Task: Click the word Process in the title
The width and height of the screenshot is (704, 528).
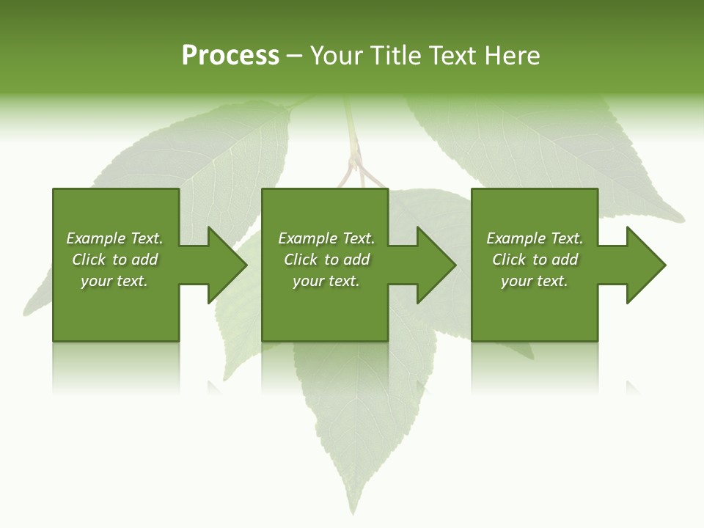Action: pyautogui.click(x=230, y=56)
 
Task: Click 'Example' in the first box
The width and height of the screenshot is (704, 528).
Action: pyautogui.click(x=96, y=238)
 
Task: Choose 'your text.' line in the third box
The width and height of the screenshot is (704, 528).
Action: pyautogui.click(x=534, y=281)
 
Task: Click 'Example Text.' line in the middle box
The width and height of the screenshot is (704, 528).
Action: pyautogui.click(x=326, y=238)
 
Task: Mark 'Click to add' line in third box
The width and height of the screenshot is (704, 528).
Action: pyautogui.click(x=535, y=260)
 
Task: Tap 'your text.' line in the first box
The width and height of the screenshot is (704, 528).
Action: pyautogui.click(x=114, y=281)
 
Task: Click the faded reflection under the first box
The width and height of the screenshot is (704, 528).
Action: pyautogui.click(x=115, y=367)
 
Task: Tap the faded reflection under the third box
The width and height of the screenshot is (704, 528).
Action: pyautogui.click(x=534, y=367)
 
